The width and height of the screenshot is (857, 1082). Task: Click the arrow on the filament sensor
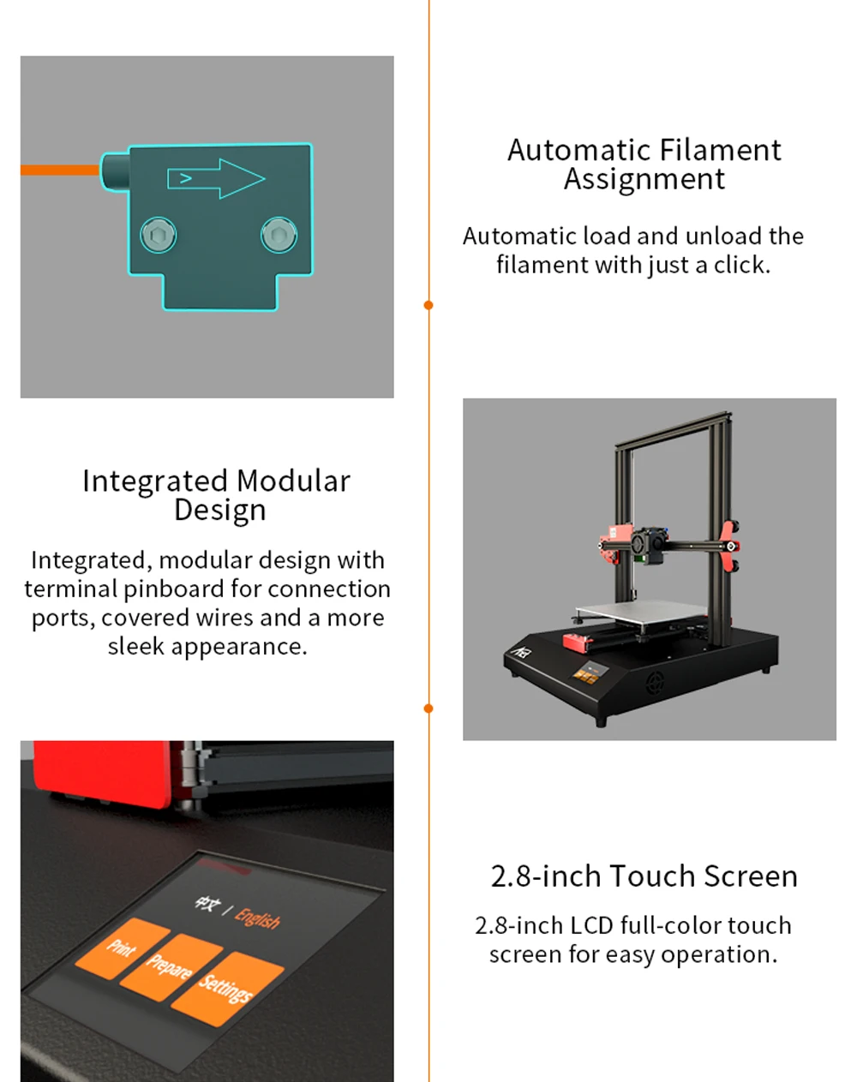click(x=217, y=178)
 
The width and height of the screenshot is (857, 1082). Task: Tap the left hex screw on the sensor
click(x=159, y=235)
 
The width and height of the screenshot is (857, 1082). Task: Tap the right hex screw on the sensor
click(x=279, y=235)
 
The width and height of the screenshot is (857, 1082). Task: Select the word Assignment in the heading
click(x=644, y=180)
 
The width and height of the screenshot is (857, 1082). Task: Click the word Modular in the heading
click(x=293, y=481)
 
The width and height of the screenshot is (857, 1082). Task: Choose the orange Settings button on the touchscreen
click(x=227, y=988)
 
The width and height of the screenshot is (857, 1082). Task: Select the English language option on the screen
click(x=258, y=918)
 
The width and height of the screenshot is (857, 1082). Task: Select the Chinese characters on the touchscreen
click(x=207, y=904)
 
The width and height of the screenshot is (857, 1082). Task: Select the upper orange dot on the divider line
click(x=428, y=305)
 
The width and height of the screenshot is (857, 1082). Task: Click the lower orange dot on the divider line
click(x=428, y=708)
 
